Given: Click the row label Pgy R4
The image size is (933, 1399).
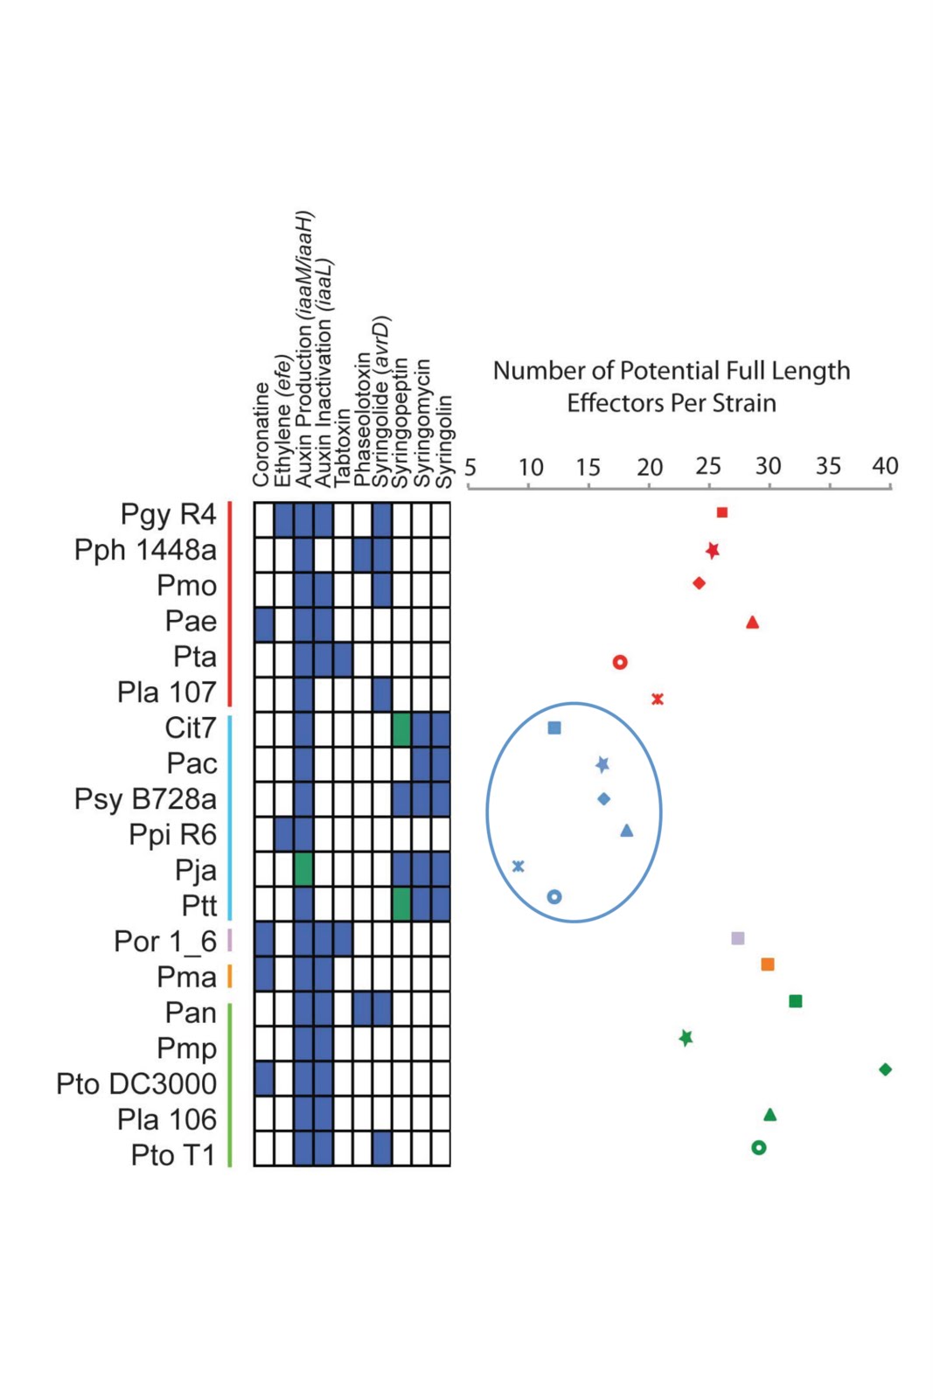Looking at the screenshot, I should click(168, 514).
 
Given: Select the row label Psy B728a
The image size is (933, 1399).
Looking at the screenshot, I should click(145, 799).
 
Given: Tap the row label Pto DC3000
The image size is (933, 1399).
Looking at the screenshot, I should click(136, 1084).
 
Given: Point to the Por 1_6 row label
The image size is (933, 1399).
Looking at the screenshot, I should click(165, 942).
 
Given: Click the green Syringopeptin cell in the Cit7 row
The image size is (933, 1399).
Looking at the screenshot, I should click(401, 729).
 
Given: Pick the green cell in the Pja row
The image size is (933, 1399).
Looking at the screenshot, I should click(303, 870).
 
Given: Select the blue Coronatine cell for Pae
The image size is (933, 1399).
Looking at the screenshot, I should click(264, 624).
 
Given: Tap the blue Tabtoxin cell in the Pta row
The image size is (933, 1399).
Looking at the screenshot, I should click(343, 659).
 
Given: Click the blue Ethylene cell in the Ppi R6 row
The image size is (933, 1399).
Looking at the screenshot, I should click(283, 834).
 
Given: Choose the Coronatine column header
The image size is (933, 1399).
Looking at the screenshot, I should click(261, 435).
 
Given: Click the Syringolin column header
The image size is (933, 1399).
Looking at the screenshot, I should click(444, 442).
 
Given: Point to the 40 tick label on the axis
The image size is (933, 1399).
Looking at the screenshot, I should click(885, 466).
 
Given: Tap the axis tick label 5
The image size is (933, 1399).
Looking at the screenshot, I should click(470, 467).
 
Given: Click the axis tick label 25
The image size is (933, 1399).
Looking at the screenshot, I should click(708, 466).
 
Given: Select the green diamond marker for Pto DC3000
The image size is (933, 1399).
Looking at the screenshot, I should click(885, 1069).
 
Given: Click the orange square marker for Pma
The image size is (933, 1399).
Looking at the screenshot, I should click(768, 964).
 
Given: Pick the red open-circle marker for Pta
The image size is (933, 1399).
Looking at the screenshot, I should click(620, 662).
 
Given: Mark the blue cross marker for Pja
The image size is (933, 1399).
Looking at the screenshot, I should click(519, 866).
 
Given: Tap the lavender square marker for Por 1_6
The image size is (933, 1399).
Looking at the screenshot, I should click(738, 938).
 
